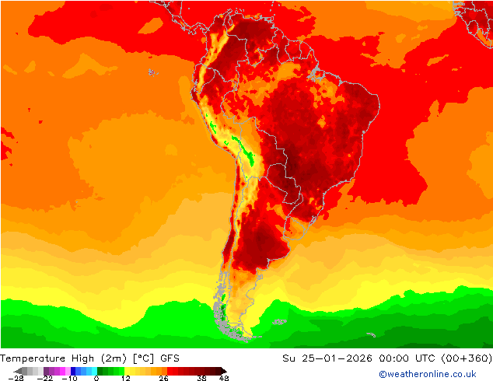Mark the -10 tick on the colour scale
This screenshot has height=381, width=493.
[x=70, y=378]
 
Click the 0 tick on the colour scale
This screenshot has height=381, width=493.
[x=96, y=378]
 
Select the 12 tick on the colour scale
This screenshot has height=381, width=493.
[x=125, y=378]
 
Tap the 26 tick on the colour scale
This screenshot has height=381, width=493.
[x=163, y=378]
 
